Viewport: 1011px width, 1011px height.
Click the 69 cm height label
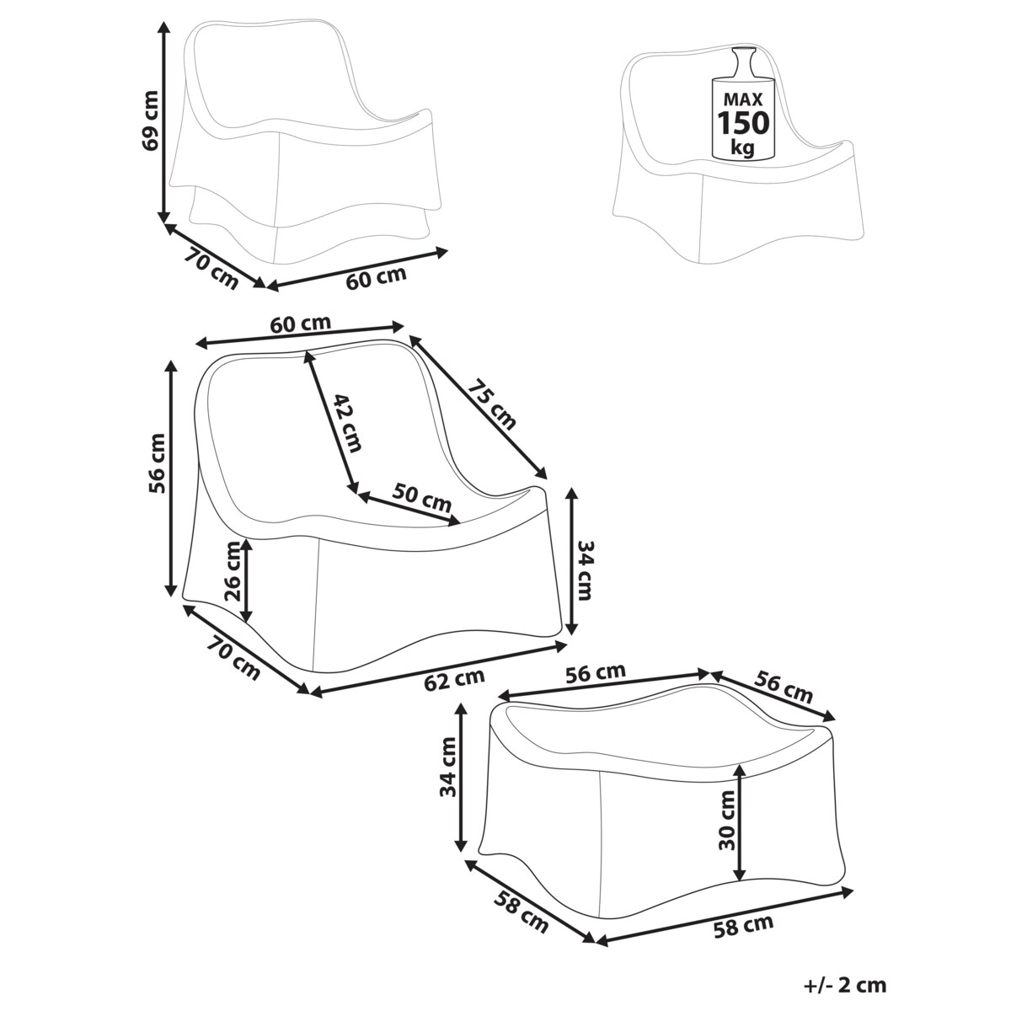click(x=151, y=120)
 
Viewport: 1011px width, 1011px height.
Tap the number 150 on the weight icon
click(x=743, y=123)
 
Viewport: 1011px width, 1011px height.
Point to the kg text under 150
click(x=742, y=148)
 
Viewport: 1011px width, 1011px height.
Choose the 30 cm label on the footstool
click(x=726, y=821)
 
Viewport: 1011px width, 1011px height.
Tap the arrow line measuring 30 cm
click(x=739, y=822)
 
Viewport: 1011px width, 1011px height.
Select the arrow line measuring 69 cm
click(x=164, y=122)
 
